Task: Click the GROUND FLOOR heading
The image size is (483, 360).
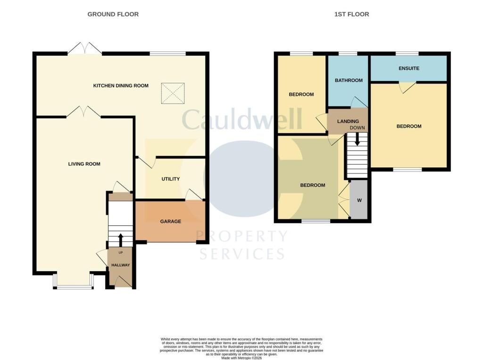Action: point(113,14)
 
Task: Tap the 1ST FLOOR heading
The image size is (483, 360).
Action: point(351,14)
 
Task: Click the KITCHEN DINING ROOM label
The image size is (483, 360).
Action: point(121,86)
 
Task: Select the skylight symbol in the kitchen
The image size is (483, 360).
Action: point(173,93)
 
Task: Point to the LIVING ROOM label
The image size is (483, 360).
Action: point(84,164)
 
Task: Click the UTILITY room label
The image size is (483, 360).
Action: point(171,179)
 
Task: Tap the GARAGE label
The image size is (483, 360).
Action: point(171,221)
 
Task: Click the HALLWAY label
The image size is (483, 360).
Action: point(120,265)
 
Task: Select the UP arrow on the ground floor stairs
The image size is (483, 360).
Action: point(120,240)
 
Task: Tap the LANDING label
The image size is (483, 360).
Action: point(348,121)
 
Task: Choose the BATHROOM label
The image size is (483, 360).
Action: point(349,80)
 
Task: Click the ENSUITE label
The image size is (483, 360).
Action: point(409,68)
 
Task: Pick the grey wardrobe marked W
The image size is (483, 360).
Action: point(359,199)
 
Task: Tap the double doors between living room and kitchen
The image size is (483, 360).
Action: point(83,112)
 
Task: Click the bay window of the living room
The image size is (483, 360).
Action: point(73,281)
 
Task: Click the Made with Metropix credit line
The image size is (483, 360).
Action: point(241,358)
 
